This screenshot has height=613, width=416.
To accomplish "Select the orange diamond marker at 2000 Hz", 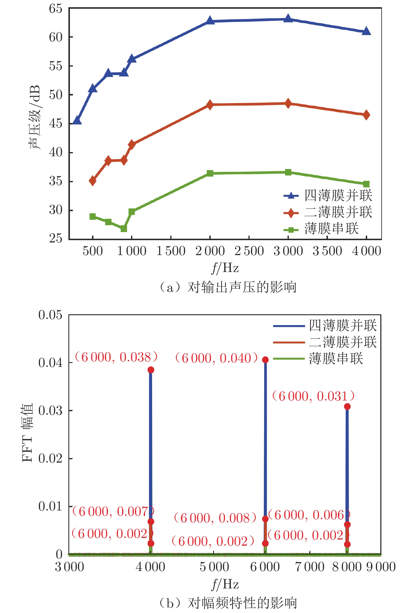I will point(210,105).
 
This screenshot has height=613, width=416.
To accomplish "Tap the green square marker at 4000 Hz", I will point(366,184).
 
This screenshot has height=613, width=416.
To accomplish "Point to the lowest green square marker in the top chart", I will point(124,228).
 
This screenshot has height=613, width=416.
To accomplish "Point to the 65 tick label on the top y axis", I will point(55,9).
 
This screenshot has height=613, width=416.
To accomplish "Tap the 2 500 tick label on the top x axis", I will point(249,251).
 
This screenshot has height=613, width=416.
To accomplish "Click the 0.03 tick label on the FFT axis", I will point(50,411).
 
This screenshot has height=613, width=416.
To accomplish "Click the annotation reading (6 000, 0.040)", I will point(216,358).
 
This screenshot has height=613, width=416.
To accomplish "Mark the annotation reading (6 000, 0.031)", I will point(313,396).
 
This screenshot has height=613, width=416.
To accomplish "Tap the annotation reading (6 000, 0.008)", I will point(215,518).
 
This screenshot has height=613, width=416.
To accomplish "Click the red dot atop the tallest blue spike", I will point(265,360).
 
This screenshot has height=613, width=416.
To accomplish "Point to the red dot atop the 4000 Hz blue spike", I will point(151,370).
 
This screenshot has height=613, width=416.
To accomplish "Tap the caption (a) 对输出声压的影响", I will point(228,287).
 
